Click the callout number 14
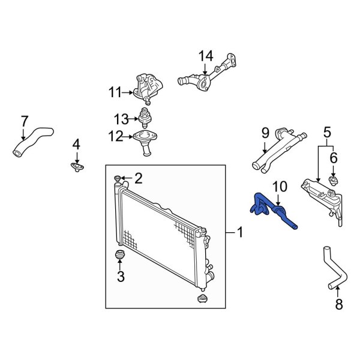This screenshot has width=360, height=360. (206, 56)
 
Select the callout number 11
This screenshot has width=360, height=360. (115, 92)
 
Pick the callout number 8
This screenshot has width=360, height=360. (338, 305)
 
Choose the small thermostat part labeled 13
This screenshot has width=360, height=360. (145, 115)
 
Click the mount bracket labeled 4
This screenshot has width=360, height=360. (76, 166)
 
